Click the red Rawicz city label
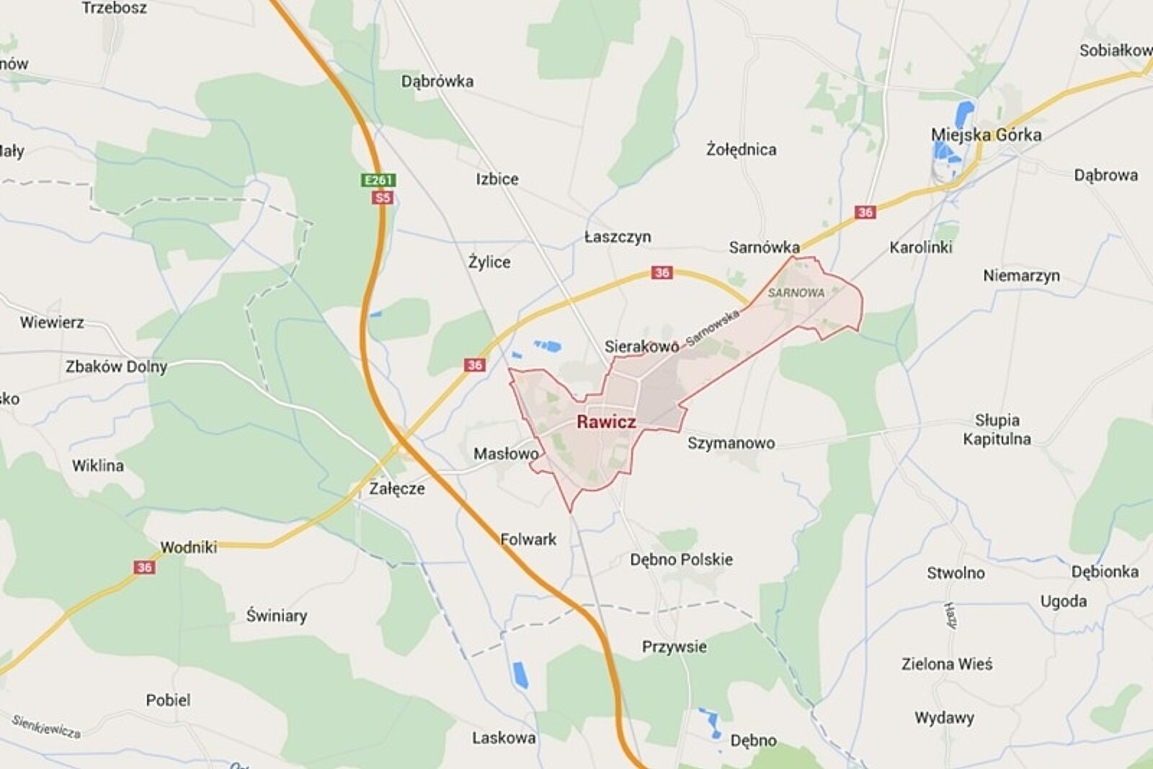point(606,422)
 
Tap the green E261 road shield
point(378,180)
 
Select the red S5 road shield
point(382,198)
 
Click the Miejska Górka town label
point(986,135)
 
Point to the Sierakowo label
point(641,346)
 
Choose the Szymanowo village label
point(731,443)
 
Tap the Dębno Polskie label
point(681,560)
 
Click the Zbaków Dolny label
point(116,366)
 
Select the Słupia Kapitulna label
point(997,429)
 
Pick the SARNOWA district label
point(796,293)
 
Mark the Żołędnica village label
point(741,149)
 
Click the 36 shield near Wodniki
point(144,567)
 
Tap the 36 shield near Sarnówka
point(865,212)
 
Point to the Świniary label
point(276,615)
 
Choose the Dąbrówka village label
point(437,82)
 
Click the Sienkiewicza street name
point(45,726)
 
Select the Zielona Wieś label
point(946,664)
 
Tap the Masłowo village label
point(506,454)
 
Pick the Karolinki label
point(920,247)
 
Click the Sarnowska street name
point(712,328)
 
